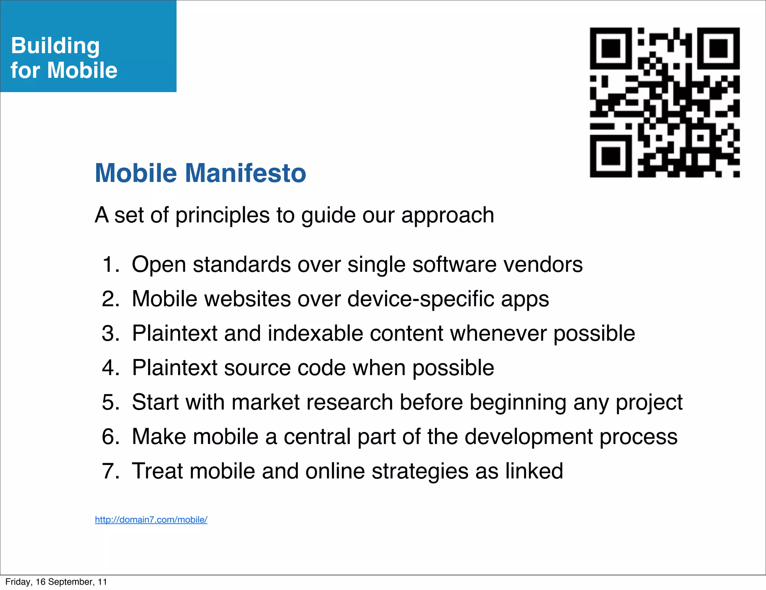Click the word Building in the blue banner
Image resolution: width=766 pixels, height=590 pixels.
pyautogui.click(x=55, y=46)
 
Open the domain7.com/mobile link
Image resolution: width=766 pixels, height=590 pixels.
pyautogui.click(x=151, y=520)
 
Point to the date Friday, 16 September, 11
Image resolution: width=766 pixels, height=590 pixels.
pyautogui.click(x=56, y=582)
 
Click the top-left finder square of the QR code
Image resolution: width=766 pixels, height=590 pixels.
pyautogui.click(x=611, y=48)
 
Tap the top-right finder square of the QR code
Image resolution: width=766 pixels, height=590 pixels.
pyautogui.click(x=718, y=48)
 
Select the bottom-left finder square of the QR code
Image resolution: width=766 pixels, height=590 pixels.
pyautogui.click(x=611, y=156)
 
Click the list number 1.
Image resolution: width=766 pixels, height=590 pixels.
pyautogui.click(x=110, y=264)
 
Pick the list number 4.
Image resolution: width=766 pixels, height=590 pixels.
pyautogui.click(x=110, y=368)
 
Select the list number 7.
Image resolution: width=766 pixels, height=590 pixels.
pyautogui.click(x=110, y=471)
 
